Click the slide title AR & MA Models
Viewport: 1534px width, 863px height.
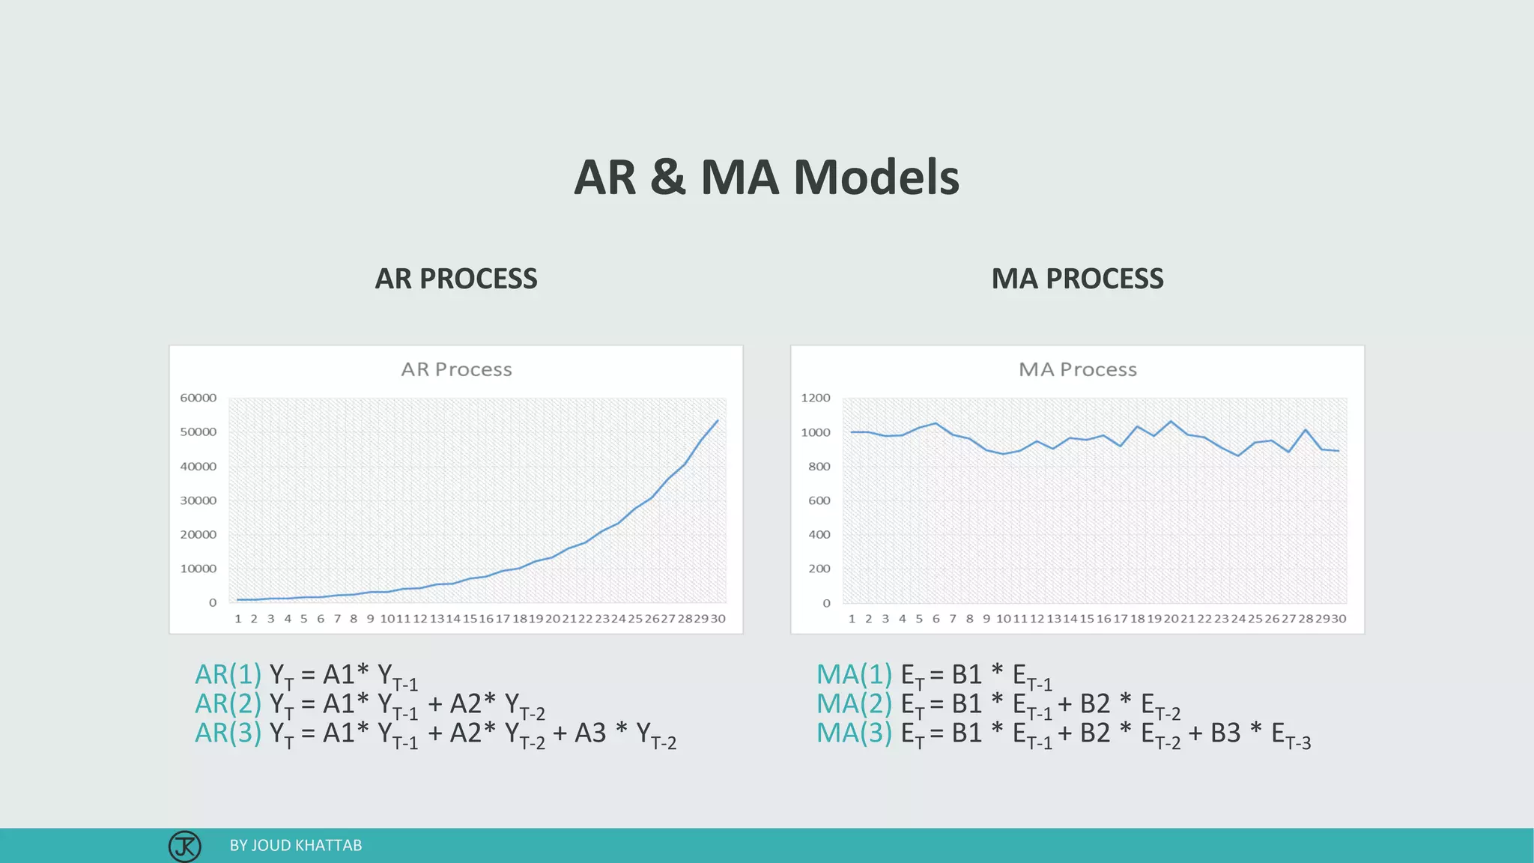click(766, 178)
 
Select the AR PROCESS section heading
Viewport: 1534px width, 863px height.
click(455, 279)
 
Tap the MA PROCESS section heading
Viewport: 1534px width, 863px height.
click(1077, 279)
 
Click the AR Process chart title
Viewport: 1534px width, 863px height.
click(456, 369)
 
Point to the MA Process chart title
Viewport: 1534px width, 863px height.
click(1077, 369)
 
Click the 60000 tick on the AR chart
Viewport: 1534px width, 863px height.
click(198, 398)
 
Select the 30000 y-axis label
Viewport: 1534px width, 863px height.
click(198, 500)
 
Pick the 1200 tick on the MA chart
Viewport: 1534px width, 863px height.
click(815, 398)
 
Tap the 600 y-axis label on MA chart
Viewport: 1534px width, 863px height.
click(819, 500)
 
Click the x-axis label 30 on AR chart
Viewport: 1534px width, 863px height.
click(718, 619)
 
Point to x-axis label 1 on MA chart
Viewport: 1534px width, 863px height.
click(852, 619)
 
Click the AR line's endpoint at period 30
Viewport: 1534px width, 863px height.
click(718, 420)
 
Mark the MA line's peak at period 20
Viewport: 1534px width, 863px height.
click(1171, 421)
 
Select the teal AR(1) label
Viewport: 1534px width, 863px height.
click(228, 675)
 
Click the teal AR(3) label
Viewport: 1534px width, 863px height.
click(228, 733)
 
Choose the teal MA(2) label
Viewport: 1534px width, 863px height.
click(854, 704)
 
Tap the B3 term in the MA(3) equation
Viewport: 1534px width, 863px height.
click(1225, 733)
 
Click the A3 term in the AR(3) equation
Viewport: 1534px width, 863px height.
click(590, 733)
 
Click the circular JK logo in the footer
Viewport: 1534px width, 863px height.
click(184, 846)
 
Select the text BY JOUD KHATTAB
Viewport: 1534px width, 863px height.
click(295, 846)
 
